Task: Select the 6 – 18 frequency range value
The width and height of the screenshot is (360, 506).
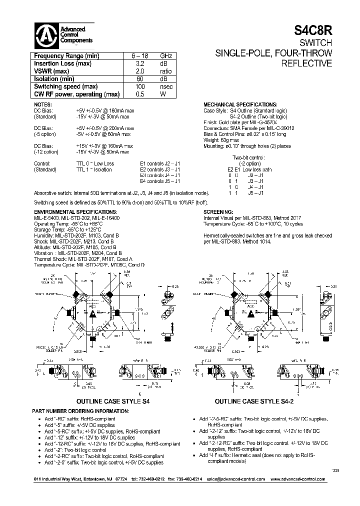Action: click(x=137, y=56)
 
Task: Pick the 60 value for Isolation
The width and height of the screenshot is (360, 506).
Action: click(x=139, y=78)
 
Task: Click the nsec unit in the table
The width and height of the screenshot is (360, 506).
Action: click(x=166, y=86)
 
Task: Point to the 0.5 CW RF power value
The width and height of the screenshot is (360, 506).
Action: click(x=139, y=93)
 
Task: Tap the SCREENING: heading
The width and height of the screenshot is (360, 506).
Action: click(x=219, y=212)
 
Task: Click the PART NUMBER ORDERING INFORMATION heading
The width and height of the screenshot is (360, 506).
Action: click(x=81, y=410)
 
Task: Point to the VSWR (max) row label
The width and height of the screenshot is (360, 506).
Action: click(x=53, y=71)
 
